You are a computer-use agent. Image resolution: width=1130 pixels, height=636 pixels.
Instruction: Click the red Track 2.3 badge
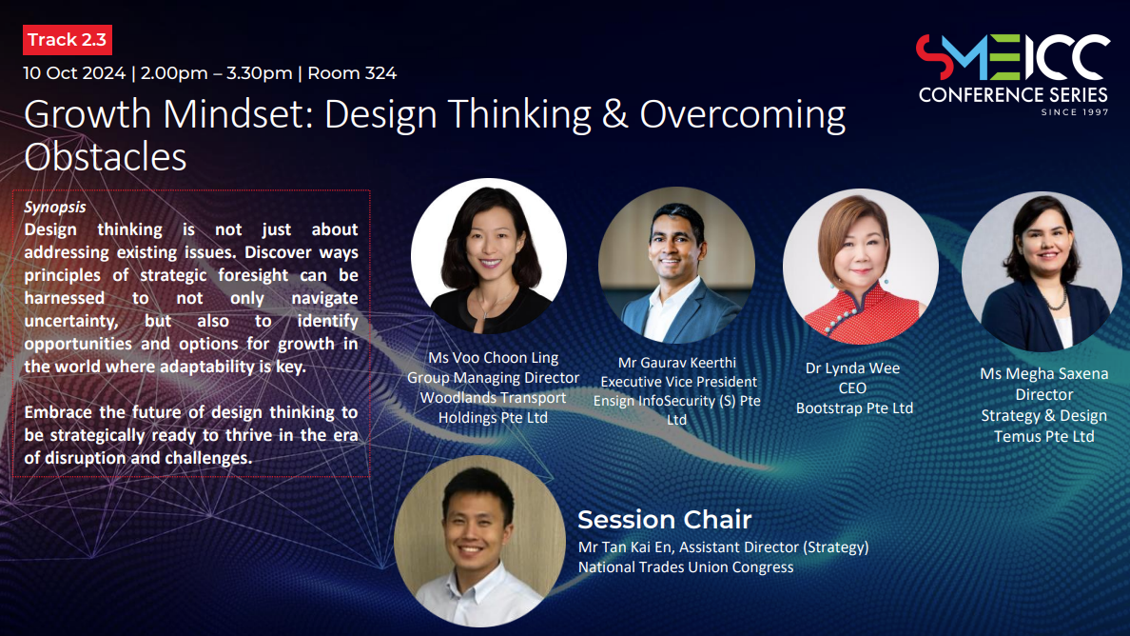tap(67, 40)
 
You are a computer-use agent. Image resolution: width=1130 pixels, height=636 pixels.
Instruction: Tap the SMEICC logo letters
tap(1013, 57)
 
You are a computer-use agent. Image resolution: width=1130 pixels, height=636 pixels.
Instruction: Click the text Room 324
tap(352, 73)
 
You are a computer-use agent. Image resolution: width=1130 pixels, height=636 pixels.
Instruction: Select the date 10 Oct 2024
tap(74, 73)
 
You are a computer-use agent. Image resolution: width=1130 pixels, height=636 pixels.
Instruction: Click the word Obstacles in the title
tap(106, 156)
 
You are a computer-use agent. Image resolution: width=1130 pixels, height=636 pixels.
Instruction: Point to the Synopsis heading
tap(55, 207)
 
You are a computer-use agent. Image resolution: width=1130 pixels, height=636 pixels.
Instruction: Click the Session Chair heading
tap(665, 519)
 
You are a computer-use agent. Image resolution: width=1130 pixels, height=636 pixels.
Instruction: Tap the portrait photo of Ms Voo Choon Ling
tap(489, 256)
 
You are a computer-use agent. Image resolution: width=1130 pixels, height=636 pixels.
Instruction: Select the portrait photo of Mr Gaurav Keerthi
tap(676, 265)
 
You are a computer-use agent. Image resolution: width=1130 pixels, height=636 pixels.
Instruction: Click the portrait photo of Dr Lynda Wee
tap(861, 266)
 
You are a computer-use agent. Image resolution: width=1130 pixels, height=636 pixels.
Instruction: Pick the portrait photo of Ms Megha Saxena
tap(1042, 271)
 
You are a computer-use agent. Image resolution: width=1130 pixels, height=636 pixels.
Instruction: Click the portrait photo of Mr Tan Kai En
tap(480, 541)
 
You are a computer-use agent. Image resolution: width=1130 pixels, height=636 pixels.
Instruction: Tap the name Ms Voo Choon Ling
tap(493, 358)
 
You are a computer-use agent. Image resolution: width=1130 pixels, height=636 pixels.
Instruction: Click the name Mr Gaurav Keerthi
tap(676, 363)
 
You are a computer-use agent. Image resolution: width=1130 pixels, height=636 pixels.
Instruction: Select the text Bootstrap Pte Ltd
tap(854, 408)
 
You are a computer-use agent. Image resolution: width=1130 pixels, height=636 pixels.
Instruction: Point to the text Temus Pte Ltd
tap(1043, 436)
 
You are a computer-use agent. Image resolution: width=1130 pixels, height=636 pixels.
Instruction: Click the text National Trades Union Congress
tap(686, 566)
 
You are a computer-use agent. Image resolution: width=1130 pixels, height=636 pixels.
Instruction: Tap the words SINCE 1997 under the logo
tap(1075, 111)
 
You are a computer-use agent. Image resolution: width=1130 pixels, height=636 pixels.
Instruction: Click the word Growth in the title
tap(88, 114)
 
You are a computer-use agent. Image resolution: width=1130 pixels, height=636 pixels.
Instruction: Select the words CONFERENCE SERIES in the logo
tap(1013, 95)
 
